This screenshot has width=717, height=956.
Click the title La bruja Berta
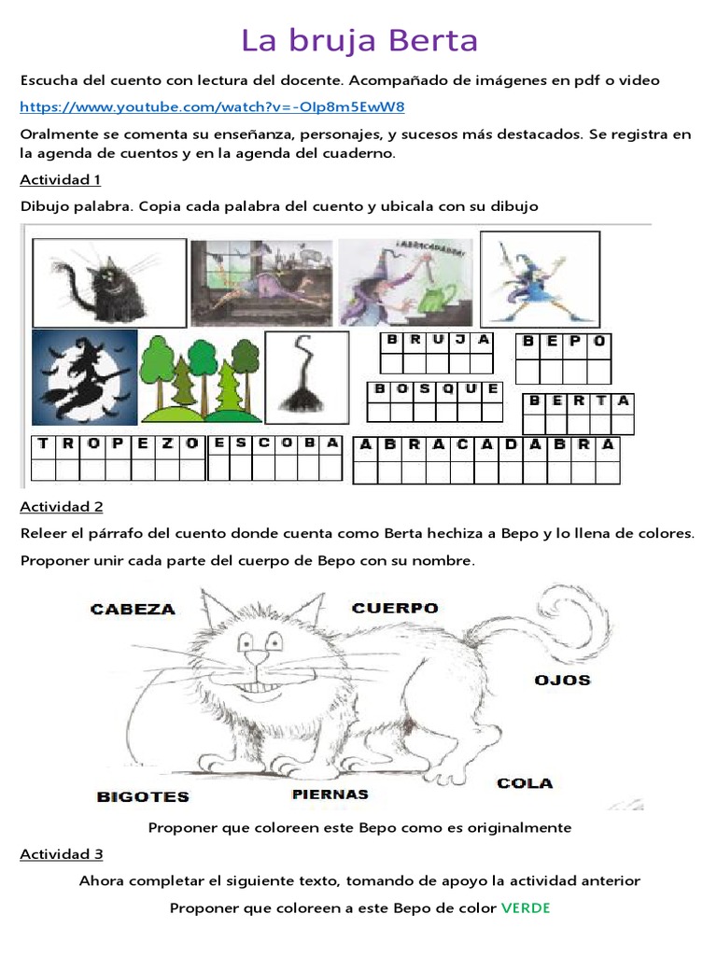click(359, 41)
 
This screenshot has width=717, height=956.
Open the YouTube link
click(212, 106)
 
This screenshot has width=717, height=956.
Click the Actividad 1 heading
click(60, 179)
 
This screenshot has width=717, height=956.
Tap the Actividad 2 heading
click(61, 507)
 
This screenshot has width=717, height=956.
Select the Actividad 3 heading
click(61, 854)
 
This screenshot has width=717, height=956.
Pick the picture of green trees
click(198, 375)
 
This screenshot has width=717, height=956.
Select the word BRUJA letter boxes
click(437, 352)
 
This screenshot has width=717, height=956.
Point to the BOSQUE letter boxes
click(434, 401)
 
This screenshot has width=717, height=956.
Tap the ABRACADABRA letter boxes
click(486, 458)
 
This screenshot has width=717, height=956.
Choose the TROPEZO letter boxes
click(118, 457)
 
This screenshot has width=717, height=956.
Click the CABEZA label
click(133, 610)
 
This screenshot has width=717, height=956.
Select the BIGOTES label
click(143, 797)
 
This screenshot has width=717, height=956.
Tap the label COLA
click(525, 783)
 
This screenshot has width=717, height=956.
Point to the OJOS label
click(562, 680)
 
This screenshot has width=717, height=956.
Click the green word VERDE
click(526, 907)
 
